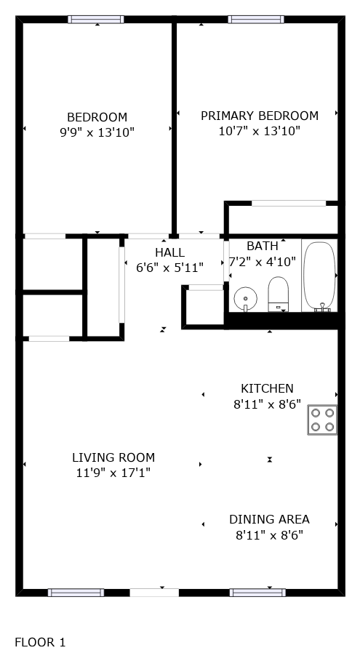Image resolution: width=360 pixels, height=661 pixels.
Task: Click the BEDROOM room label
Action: coord(97,117)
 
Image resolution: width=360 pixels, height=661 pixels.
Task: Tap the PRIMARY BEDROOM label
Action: coord(259,116)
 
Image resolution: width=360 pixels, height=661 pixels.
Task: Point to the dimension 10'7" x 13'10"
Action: coord(259,131)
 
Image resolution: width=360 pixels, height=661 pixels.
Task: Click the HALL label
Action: coord(169,252)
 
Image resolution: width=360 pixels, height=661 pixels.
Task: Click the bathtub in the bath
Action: coord(320,276)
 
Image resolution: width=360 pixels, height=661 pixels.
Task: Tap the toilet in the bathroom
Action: coord(279,294)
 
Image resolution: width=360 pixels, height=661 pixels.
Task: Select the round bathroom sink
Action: coord(245,298)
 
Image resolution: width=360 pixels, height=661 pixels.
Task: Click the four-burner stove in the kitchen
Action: coord(322,420)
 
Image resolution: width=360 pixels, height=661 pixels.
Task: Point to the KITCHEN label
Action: coord(267,388)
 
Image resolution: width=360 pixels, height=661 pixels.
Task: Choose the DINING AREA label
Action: coord(269,519)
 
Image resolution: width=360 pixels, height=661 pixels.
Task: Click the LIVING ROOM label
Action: coord(113,457)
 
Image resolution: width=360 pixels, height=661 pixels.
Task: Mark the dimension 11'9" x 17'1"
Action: coord(113,473)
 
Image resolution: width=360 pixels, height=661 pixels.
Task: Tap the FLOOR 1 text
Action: coord(41,642)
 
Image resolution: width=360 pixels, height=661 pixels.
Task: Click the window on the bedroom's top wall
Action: coord(96,20)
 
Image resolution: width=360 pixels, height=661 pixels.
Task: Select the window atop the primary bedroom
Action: coord(256,20)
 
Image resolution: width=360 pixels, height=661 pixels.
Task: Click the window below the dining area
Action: coord(257,593)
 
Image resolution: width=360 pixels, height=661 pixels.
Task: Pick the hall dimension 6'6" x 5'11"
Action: coord(169,268)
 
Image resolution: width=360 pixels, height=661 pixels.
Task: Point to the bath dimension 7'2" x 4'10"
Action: coord(263,262)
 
